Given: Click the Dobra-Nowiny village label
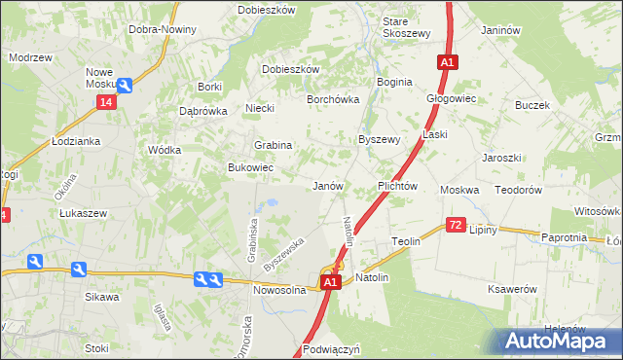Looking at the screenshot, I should (163, 29).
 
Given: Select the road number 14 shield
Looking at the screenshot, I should (106, 102).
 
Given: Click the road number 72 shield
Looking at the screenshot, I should (456, 225).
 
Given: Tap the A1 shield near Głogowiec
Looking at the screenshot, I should (446, 62).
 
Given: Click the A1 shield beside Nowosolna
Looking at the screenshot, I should (330, 282).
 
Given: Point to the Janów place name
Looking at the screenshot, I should (327, 185).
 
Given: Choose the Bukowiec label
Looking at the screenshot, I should (250, 168).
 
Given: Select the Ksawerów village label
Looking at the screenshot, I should (514, 289).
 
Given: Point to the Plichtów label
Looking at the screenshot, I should (397, 185).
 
